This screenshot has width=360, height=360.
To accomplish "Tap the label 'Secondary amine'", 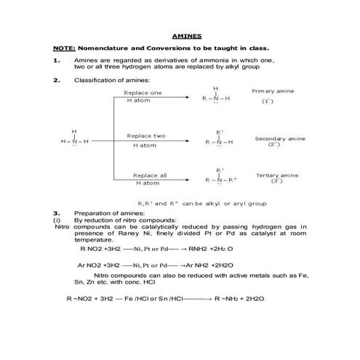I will (x=280, y=138).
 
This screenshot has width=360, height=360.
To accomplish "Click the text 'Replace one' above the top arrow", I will (x=143, y=93).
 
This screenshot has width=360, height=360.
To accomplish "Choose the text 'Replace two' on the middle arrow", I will (x=145, y=136).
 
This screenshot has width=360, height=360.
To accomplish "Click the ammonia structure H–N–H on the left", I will (x=73, y=141).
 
